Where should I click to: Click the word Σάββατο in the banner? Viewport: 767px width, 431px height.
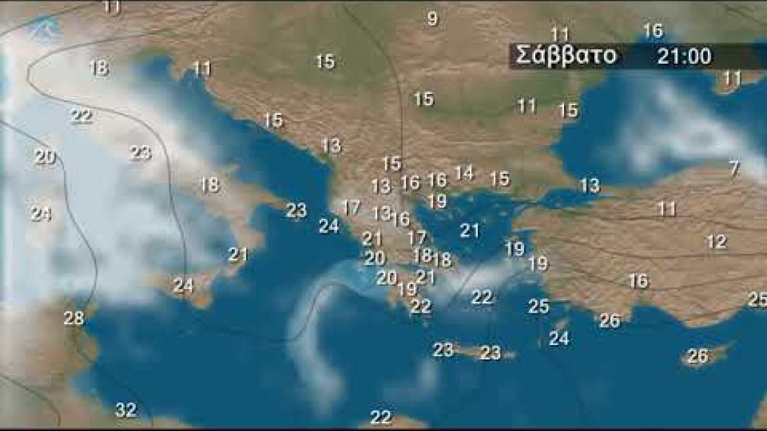pos(566,56)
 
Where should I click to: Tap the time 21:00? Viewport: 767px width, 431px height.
pos(684,57)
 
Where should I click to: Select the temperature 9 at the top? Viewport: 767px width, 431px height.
pos(432,19)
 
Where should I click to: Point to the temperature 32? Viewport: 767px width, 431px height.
pos(126,411)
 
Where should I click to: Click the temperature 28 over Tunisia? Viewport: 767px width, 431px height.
pos(74,318)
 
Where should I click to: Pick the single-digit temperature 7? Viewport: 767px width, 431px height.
pos(734,168)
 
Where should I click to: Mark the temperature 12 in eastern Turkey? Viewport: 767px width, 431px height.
pos(716,242)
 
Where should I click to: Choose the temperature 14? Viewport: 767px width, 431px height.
pos(464,173)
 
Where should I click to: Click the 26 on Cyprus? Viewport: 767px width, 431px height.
pos(697,356)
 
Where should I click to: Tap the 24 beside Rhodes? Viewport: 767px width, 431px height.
pos(559,339)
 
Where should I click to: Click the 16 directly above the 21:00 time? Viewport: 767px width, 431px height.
pos(653,31)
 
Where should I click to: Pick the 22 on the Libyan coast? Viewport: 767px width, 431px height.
pos(380,417)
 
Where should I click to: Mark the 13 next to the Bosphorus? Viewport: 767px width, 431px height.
pos(590,185)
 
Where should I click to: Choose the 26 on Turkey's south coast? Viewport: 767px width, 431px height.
pos(609,321)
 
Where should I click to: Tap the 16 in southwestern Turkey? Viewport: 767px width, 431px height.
pos(638,281)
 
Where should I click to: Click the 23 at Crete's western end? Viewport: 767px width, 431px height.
pos(443,350)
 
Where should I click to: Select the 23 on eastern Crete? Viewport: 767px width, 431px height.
pos(491,353)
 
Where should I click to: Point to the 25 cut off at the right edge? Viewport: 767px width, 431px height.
pos(758,300)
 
